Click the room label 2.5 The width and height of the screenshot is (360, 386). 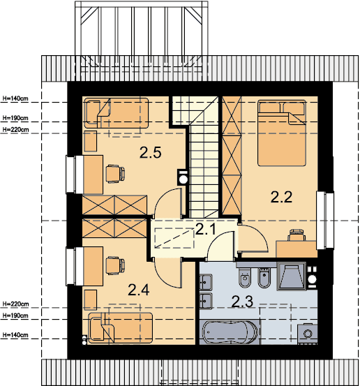(x=150, y=152)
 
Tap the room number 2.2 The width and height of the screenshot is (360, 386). (x=281, y=197)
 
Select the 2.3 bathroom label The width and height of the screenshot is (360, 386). (x=242, y=302)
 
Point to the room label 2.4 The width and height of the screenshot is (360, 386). (x=139, y=290)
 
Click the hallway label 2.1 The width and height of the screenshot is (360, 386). (x=206, y=229)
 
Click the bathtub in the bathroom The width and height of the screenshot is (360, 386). (x=230, y=332)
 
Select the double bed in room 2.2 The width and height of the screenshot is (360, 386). (x=282, y=133)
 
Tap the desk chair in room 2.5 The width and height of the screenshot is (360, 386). (x=115, y=174)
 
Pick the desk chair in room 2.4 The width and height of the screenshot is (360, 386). (x=115, y=266)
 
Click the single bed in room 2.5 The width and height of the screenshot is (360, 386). (x=116, y=113)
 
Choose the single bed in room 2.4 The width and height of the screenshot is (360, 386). (x=120, y=328)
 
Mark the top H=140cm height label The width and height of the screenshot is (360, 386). (x=15, y=98)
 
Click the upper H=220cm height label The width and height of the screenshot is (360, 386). (x=15, y=130)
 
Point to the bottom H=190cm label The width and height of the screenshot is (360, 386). (x=15, y=316)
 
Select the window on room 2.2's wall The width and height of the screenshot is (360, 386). (x=325, y=221)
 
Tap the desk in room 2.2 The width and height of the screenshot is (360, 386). (x=297, y=249)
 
